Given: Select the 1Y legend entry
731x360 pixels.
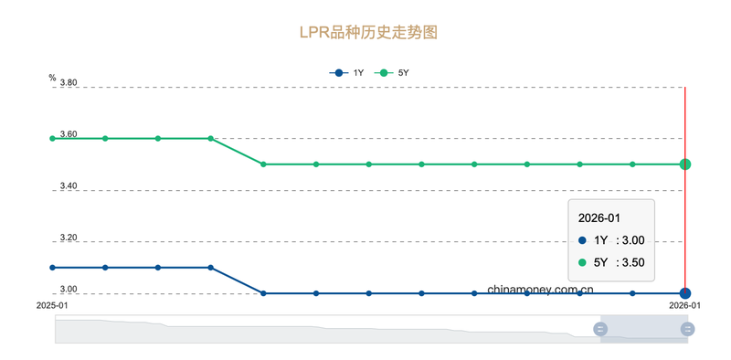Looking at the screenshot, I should click(x=347, y=72).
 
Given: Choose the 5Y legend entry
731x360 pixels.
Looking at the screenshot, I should click(x=395, y=72).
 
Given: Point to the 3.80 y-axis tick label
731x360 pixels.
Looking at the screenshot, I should click(x=69, y=83).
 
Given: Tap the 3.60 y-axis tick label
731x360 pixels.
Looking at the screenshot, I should click(x=69, y=134).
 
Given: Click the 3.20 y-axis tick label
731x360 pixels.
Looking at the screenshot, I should click(x=69, y=238).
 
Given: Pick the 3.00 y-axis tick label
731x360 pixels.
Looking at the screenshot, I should click(x=69, y=290).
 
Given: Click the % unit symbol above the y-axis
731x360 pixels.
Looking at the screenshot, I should click(x=52, y=78).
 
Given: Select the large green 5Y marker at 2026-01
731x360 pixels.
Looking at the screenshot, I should click(x=685, y=164).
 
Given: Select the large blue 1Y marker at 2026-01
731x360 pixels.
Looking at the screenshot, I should click(x=685, y=293).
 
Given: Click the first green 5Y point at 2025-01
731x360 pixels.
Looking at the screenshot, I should click(x=53, y=138).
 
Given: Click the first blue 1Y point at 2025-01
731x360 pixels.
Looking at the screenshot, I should click(x=53, y=268).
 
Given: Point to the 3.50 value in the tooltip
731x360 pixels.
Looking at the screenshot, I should click(x=631, y=262).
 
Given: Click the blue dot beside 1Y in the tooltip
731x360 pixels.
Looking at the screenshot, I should click(x=583, y=240).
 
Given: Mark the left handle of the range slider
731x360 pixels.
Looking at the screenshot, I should click(x=600, y=329).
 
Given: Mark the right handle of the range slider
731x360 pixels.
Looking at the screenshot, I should click(x=687, y=329).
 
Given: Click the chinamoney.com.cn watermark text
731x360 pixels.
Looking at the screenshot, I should click(x=541, y=289).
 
